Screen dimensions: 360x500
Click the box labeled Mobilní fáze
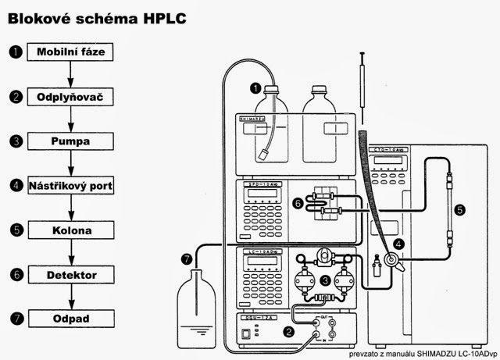(71, 52)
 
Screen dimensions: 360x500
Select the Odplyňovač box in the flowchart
(71, 98)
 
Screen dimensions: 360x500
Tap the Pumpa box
(71, 142)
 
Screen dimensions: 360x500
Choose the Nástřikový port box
(71, 187)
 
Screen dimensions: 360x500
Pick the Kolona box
(71, 231)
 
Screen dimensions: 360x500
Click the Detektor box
(71, 276)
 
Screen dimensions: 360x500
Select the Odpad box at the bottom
(71, 319)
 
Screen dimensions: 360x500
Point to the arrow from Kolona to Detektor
(71, 253)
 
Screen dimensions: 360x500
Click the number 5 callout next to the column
(460, 209)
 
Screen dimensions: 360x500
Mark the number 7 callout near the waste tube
(185, 258)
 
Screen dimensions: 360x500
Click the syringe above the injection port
(363, 82)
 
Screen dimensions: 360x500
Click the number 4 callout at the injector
(398, 244)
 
